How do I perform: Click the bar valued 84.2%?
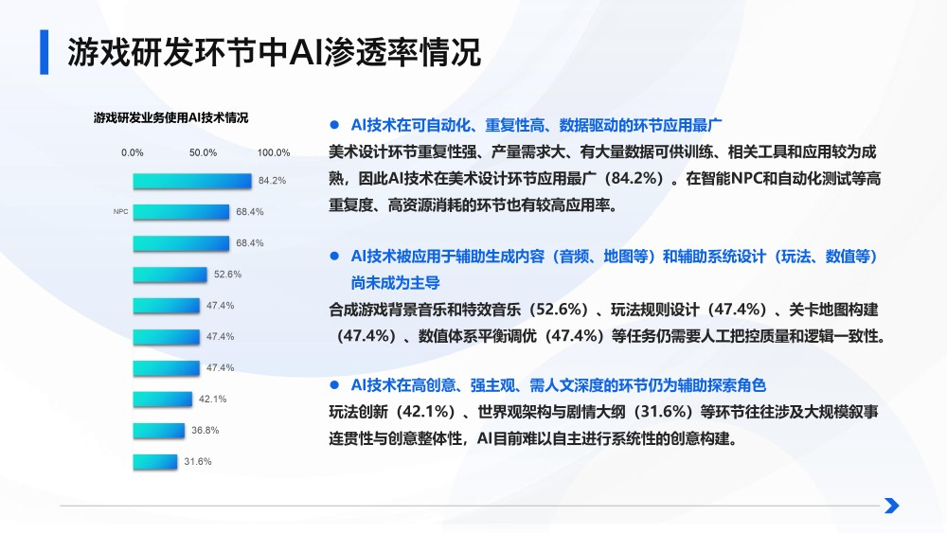(x=192, y=181)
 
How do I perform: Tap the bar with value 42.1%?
(x=164, y=399)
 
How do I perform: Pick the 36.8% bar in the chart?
(x=159, y=431)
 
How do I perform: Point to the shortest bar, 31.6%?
(x=154, y=462)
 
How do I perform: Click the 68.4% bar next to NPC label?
(x=181, y=212)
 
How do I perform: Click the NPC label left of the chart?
(x=120, y=212)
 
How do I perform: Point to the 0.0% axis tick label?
(x=133, y=152)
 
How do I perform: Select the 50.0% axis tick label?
(x=204, y=152)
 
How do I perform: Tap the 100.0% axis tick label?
(x=274, y=152)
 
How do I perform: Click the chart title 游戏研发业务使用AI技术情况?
(x=170, y=118)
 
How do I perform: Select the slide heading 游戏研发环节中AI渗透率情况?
(x=275, y=52)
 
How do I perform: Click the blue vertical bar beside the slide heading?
(x=44, y=52)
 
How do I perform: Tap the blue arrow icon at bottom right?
(x=891, y=506)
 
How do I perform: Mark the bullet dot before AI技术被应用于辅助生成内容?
(x=333, y=256)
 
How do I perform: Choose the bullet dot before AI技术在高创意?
(x=333, y=384)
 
